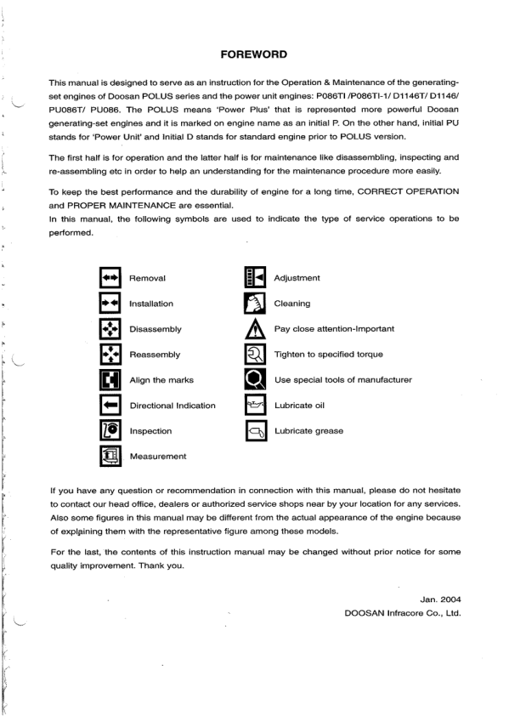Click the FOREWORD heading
(253, 54)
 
